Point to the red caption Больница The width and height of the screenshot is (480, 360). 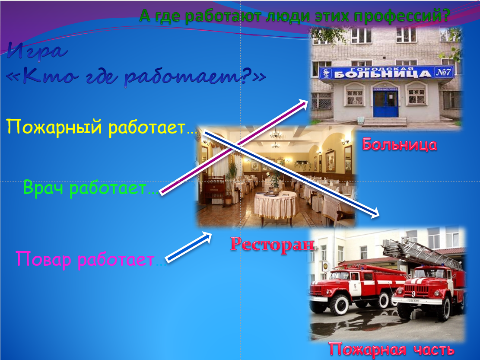(x=400, y=144)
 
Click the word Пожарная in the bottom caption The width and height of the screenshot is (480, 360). (x=367, y=349)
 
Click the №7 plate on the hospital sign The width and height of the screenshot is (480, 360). (x=443, y=72)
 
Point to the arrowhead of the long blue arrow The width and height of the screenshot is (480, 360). (x=375, y=213)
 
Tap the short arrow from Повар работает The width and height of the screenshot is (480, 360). (x=188, y=247)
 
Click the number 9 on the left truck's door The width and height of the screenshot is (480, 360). (x=355, y=286)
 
